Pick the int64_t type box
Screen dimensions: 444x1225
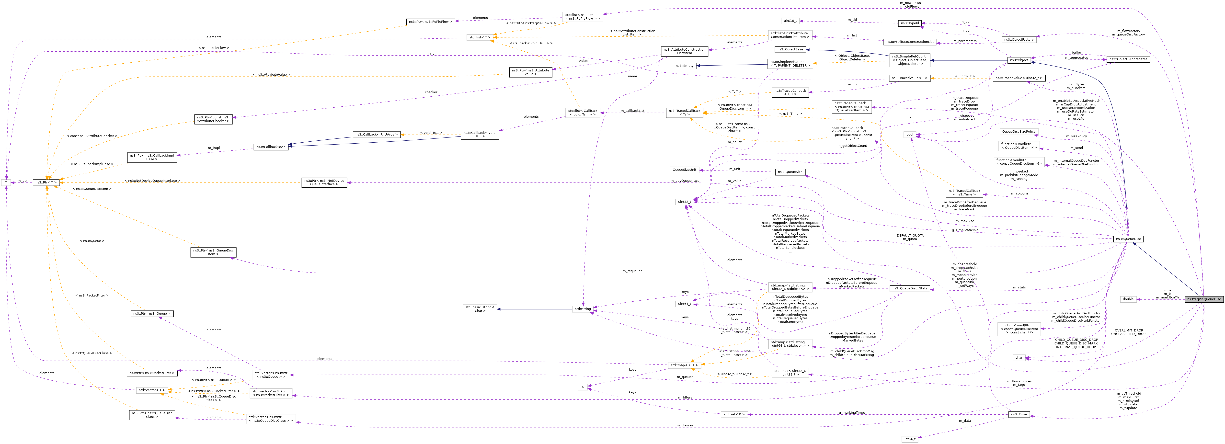[x=909, y=439]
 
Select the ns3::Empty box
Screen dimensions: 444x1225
[x=684, y=66]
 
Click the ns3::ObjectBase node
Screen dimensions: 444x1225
[x=790, y=49]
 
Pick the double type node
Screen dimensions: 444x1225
[x=1128, y=299]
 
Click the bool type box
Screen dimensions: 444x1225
[x=909, y=135]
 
